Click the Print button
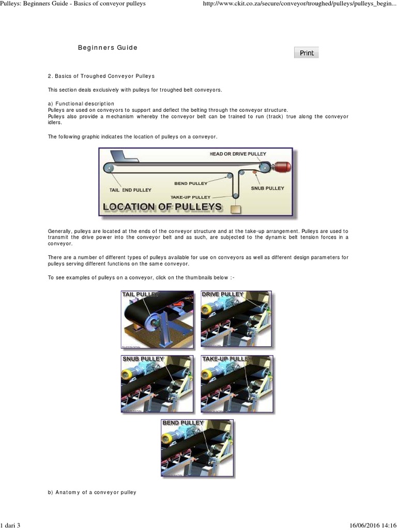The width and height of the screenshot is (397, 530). coord(307,53)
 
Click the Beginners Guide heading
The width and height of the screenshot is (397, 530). coord(108,48)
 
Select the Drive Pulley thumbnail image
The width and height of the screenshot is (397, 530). coord(236,319)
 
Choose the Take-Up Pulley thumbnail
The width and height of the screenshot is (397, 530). coord(236,384)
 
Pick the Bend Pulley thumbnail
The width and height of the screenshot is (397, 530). coord(197,448)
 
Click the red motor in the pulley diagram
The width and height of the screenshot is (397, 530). coord(282,167)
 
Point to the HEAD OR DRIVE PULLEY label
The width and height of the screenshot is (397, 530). coord(238,154)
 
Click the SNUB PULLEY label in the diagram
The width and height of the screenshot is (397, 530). coord(267,188)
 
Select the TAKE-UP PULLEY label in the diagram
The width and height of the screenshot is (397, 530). coord(191,197)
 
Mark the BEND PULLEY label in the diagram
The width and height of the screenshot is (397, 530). coord(191,183)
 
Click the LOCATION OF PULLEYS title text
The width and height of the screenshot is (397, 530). coord(163,207)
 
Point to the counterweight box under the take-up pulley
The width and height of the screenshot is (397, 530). coord(236,209)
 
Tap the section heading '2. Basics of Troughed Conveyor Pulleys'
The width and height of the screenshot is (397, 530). coord(101,77)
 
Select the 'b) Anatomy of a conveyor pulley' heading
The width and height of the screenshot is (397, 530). coord(92,492)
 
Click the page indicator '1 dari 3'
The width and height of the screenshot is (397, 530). coord(10,525)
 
